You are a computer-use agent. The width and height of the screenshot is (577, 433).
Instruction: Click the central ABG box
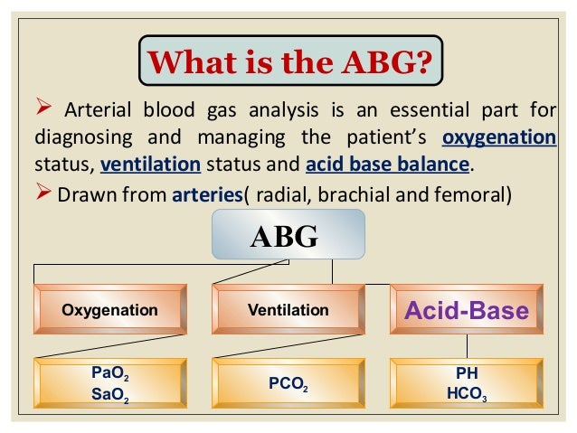288,236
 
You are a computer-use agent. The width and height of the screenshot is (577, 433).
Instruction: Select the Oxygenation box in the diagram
109,310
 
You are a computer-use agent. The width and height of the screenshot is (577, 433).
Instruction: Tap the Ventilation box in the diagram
288,310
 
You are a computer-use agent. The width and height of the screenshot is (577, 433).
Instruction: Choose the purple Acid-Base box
467,311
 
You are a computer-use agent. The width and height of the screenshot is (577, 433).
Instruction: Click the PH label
467,372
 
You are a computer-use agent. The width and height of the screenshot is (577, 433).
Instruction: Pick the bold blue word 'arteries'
205,194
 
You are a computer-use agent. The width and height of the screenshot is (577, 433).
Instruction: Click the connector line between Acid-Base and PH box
467,345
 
